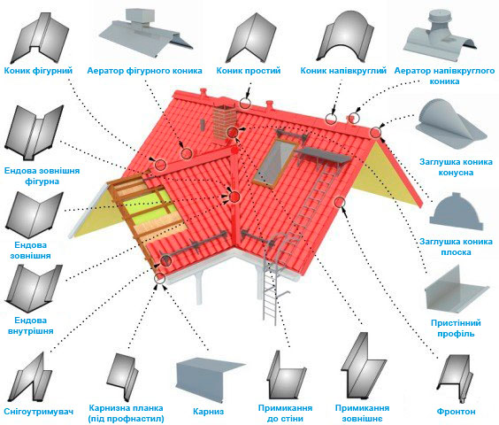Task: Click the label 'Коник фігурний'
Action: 38,71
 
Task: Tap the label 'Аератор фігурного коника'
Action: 144,71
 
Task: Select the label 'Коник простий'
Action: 249,71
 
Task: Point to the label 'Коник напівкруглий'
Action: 343,71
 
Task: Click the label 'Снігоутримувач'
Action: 39,412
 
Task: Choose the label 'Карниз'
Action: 209,412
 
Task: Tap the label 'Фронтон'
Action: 456,412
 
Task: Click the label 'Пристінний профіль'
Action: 456,328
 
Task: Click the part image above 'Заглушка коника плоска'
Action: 457,212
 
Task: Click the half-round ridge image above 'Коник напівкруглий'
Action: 345,36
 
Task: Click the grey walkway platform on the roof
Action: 324,156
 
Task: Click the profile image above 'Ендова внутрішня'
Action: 33,289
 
